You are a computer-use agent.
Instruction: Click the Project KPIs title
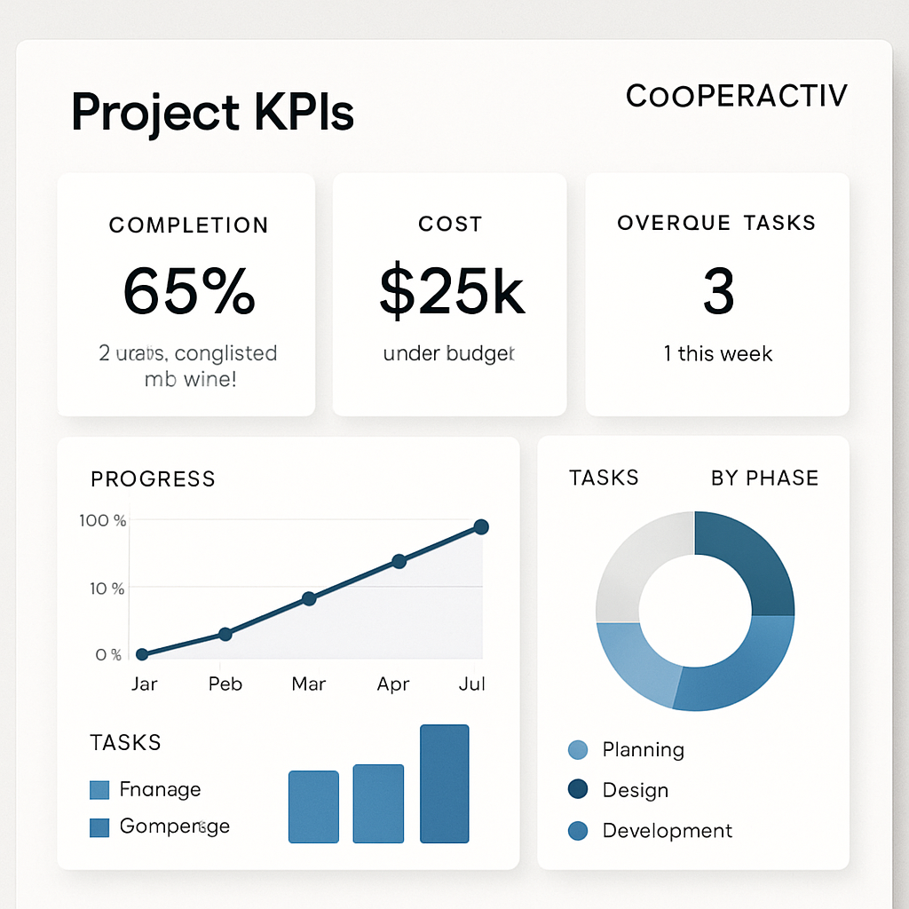212,113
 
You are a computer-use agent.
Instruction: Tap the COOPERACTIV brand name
736,96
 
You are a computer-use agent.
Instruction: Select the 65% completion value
189,290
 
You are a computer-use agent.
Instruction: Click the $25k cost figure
451,290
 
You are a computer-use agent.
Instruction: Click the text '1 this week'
718,353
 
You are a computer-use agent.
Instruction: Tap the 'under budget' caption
449,353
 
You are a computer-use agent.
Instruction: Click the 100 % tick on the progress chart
103,520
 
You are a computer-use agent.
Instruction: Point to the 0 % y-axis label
107,654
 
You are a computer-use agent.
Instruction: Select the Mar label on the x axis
308,684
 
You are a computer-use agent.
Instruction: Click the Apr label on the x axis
393,684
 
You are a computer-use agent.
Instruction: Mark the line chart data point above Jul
481,527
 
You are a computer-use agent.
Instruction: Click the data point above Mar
309,598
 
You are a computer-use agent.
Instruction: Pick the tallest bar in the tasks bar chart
444,783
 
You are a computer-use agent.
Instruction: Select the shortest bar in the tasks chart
313,806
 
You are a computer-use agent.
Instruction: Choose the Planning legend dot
577,750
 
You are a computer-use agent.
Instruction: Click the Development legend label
667,831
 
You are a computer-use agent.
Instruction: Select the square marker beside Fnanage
99,789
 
